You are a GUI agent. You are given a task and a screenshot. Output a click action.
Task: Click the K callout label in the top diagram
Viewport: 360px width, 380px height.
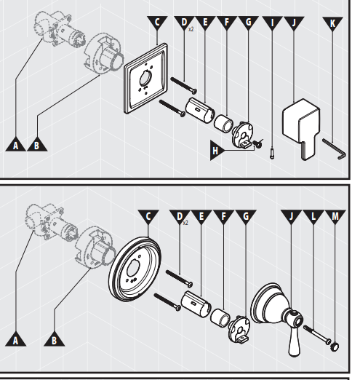[x=332, y=23]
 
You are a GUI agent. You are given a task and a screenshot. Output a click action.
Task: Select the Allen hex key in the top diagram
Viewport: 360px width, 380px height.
[x=335, y=149]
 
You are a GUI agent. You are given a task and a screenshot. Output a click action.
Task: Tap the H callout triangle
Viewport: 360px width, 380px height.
[x=216, y=151]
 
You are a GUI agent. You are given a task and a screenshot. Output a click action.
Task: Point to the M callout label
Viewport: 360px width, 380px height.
[x=335, y=216]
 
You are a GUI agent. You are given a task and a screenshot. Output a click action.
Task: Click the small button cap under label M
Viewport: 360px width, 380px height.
[x=335, y=347]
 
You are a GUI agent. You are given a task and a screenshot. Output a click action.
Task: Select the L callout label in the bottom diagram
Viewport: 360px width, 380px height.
[x=313, y=216]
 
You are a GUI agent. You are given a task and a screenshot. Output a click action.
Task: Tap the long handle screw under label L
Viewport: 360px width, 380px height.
[x=317, y=335]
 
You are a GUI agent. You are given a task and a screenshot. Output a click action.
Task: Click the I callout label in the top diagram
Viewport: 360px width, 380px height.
[x=272, y=23]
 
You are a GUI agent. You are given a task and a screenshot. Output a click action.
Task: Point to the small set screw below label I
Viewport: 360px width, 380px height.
[x=272, y=154]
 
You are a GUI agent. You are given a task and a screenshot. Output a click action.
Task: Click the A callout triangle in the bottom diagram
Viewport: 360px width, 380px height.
[x=16, y=340]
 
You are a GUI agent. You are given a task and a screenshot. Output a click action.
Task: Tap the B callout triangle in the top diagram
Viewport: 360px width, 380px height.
[x=37, y=145]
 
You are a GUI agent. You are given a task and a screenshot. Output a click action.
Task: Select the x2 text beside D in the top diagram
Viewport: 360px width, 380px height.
[x=191, y=29]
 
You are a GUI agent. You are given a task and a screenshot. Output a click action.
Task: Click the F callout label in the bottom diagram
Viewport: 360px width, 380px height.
[x=223, y=216]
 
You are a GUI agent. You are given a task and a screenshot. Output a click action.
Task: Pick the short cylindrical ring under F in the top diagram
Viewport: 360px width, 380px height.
[x=223, y=124]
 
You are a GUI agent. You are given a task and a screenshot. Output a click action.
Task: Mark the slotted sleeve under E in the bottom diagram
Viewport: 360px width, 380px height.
[x=195, y=304]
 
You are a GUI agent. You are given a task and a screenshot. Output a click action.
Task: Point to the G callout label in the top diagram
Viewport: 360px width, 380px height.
[x=248, y=23]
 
